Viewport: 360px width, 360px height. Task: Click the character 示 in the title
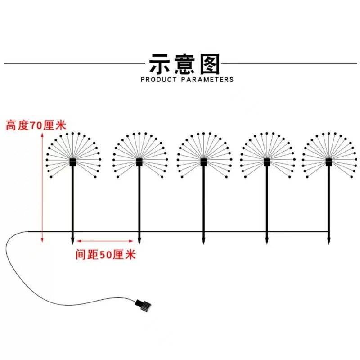pyautogui.click(x=162, y=64)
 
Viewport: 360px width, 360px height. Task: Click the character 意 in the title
pyautogui.click(x=184, y=64)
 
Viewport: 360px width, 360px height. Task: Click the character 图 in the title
pyautogui.click(x=208, y=64)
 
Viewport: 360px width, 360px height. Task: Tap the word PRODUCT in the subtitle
pyautogui.click(x=160, y=80)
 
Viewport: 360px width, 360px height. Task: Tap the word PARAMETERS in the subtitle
pyautogui.click(x=208, y=80)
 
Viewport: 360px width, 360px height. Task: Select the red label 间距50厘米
pyautogui.click(x=106, y=255)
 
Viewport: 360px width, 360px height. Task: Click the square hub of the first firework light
pyautogui.click(x=73, y=162)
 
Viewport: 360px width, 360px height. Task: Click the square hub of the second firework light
pyautogui.click(x=139, y=162)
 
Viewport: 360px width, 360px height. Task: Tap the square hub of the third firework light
pyautogui.click(x=203, y=162)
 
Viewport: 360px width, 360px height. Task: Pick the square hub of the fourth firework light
pyautogui.click(x=267, y=162)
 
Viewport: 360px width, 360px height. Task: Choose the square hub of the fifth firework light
pyautogui.click(x=329, y=162)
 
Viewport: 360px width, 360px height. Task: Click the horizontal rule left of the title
pyautogui.click(x=72, y=63)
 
